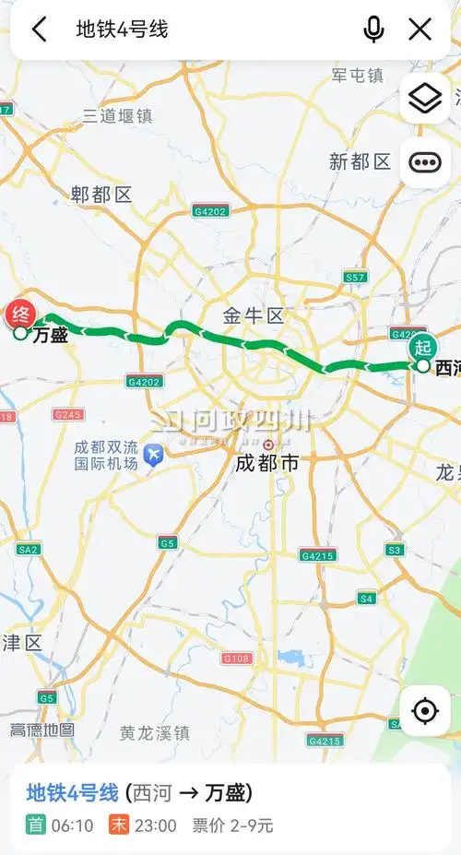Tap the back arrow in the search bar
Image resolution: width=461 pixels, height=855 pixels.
click(40, 30)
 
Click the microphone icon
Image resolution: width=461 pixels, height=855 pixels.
click(373, 30)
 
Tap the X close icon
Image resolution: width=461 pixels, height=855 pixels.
click(420, 30)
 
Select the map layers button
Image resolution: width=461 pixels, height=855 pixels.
click(425, 98)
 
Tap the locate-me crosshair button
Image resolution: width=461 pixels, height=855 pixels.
click(425, 711)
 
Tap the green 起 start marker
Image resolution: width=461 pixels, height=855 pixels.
click(422, 348)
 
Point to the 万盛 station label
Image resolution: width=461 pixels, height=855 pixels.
click(50, 336)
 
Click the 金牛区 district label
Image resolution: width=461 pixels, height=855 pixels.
click(253, 316)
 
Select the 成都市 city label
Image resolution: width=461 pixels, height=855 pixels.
click(266, 463)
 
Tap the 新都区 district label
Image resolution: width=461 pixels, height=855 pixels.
click(360, 162)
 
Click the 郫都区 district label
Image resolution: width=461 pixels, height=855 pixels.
click(101, 194)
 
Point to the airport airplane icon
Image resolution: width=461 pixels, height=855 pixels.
click(153, 454)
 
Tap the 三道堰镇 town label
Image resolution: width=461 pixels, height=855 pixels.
click(116, 115)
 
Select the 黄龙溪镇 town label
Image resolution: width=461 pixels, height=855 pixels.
click(154, 733)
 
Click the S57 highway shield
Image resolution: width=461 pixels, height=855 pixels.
click(355, 277)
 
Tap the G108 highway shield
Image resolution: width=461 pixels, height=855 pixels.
click(237, 658)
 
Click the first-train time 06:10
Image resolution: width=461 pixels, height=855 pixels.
click(72, 825)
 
